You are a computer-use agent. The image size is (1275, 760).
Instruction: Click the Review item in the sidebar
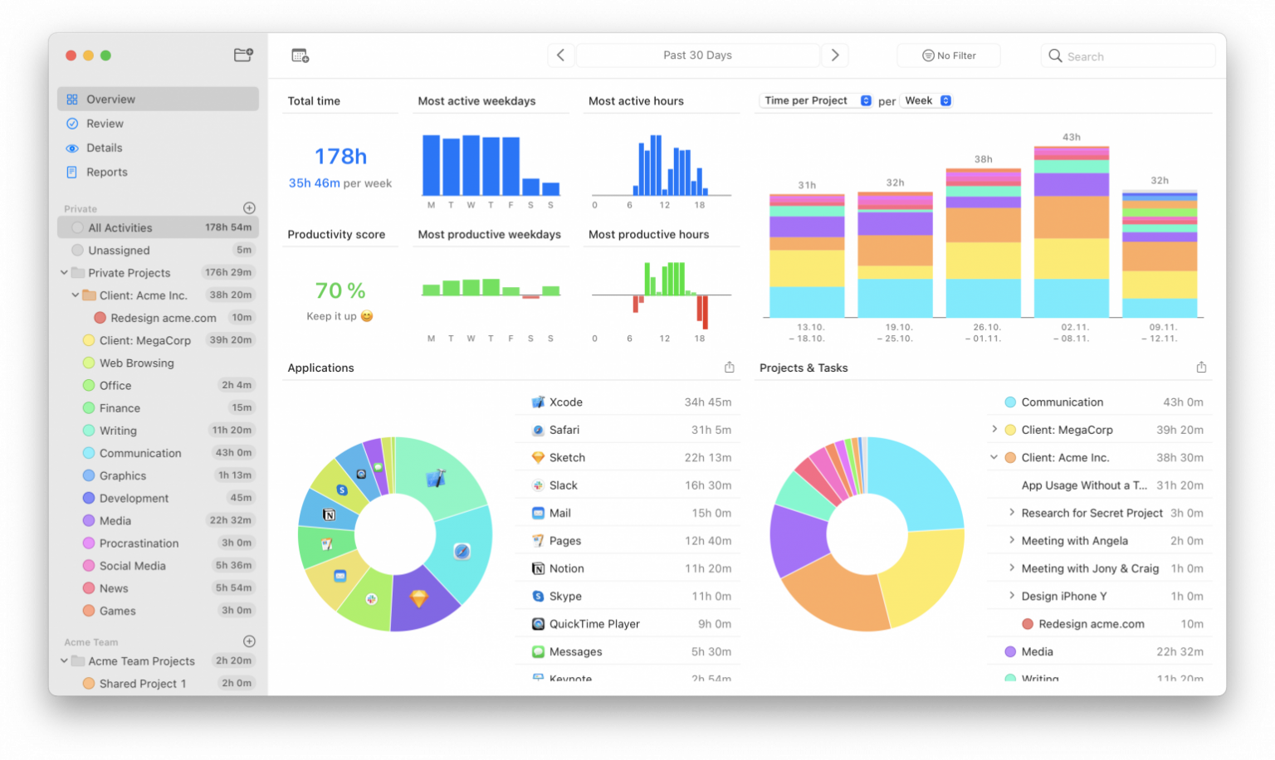click(x=105, y=124)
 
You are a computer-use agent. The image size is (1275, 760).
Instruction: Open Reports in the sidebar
click(x=106, y=173)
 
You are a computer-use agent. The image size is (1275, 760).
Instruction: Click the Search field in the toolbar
click(x=1129, y=56)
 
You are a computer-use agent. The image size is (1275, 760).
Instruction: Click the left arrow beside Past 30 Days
click(x=560, y=56)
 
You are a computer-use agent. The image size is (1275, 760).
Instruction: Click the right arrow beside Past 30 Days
click(x=835, y=56)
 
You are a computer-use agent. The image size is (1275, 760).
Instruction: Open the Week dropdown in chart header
click(x=927, y=100)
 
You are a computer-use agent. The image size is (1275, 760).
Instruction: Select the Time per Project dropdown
click(x=817, y=100)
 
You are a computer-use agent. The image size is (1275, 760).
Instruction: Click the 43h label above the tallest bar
click(x=1071, y=137)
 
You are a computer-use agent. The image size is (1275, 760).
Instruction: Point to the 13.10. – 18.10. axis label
click(x=810, y=333)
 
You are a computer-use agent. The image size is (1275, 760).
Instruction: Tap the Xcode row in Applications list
click(x=631, y=402)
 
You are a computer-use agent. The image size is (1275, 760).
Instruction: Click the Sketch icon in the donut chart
click(x=418, y=598)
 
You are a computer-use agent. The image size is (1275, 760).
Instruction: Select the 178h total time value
click(x=340, y=156)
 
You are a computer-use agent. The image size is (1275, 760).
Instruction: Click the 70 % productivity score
click(x=340, y=290)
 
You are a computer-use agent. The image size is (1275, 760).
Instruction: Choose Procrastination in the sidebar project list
click(x=139, y=543)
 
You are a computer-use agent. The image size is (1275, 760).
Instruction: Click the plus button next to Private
click(x=249, y=208)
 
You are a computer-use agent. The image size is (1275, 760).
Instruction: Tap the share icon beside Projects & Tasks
click(x=1200, y=368)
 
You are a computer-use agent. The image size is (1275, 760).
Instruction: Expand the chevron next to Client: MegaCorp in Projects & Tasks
click(x=994, y=430)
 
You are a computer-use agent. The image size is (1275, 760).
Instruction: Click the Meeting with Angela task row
click(x=1074, y=541)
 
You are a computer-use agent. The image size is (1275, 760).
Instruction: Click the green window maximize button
click(x=105, y=56)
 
